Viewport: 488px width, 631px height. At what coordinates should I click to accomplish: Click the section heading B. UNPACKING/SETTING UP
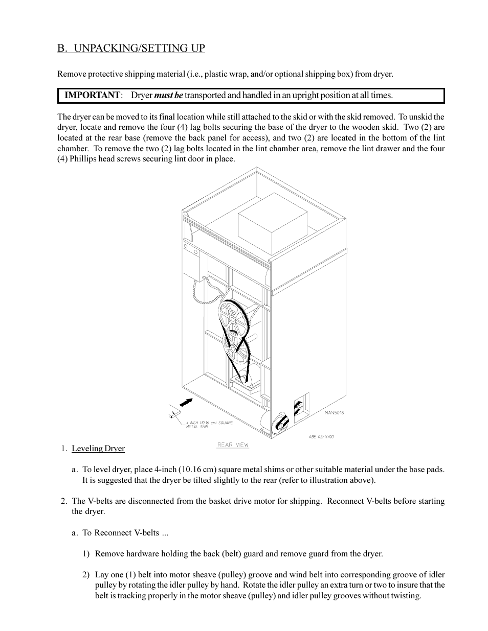(131, 49)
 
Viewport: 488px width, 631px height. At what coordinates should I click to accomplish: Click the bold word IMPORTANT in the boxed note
(92, 96)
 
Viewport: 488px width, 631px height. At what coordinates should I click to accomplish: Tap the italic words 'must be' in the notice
(168, 96)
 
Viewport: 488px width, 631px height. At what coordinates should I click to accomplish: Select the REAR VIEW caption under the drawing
(233, 445)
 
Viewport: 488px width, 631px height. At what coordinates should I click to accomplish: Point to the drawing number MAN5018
(334, 412)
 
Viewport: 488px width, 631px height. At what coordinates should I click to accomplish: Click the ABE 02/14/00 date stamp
(321, 437)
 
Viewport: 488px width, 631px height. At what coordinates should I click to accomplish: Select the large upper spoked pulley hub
(232, 318)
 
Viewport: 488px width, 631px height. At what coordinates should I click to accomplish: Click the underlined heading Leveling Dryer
(98, 449)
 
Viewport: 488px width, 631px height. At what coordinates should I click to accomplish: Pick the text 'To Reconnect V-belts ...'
(125, 533)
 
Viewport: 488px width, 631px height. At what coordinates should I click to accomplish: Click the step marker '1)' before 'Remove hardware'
(86, 554)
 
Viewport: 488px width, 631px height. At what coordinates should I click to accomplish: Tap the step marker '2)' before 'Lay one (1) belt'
(86, 575)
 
